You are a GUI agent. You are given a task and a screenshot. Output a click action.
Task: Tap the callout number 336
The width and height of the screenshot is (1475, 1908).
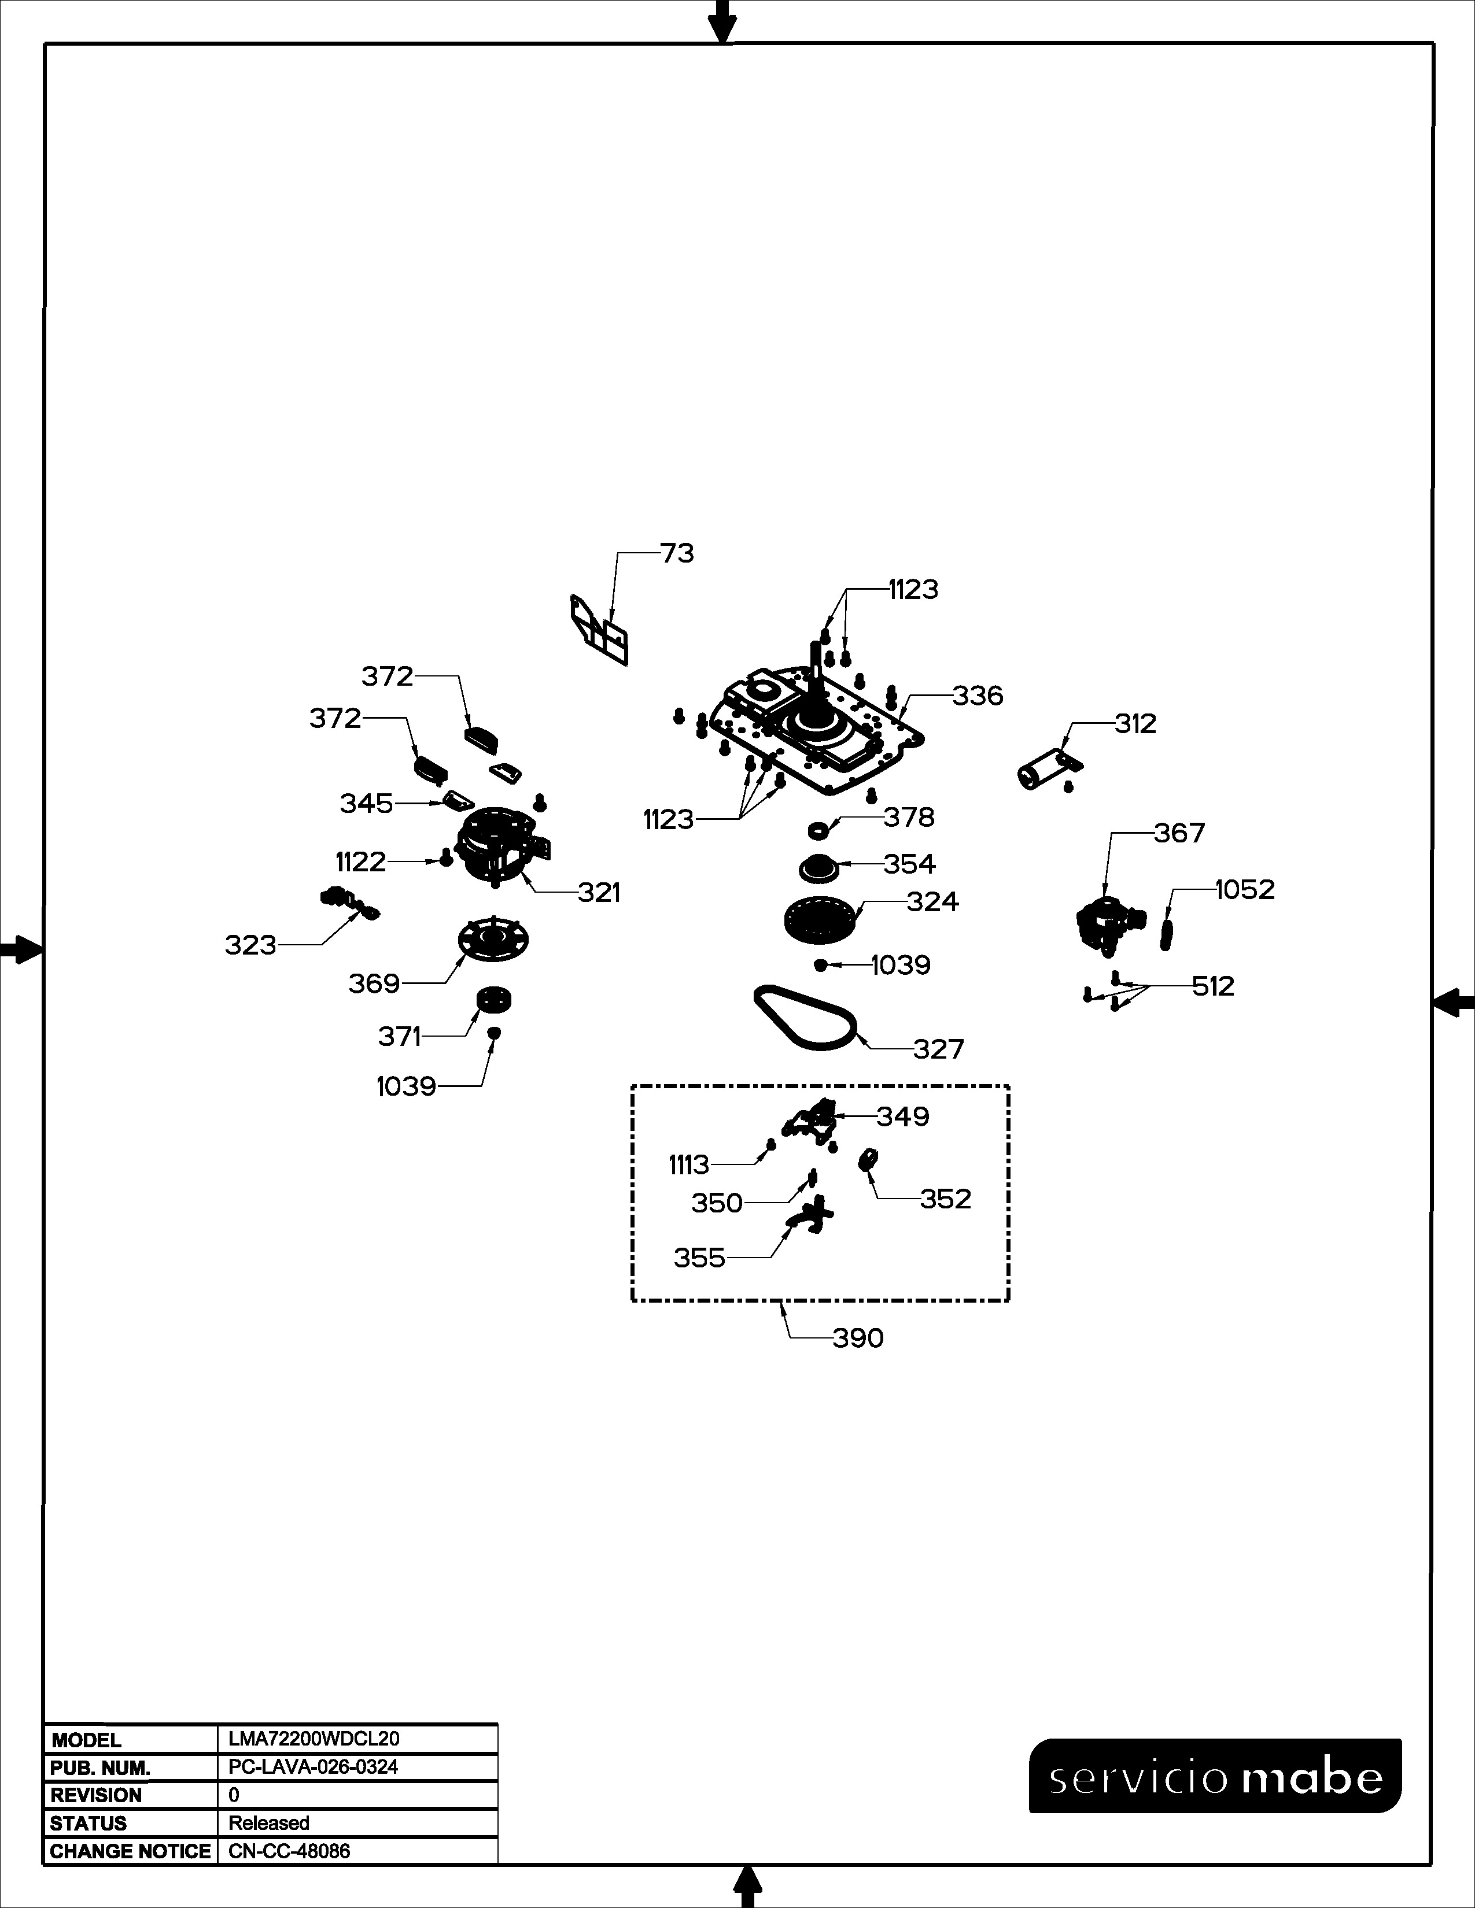tap(978, 696)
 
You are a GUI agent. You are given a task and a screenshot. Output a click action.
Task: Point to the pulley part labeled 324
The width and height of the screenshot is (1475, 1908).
tap(818, 922)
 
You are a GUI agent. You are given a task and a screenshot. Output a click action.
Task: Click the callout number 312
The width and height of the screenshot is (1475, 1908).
tap(1135, 723)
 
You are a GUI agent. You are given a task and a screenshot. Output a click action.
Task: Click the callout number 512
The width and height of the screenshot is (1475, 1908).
tap(1213, 986)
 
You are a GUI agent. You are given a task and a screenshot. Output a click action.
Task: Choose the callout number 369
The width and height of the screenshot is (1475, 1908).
tap(374, 983)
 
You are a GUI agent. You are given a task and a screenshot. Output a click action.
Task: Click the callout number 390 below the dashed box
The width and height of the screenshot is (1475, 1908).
tap(858, 1338)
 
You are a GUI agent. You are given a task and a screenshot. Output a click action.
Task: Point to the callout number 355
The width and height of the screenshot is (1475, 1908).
tap(699, 1258)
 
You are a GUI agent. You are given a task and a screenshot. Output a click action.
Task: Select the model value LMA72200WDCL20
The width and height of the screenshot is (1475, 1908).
tap(314, 1739)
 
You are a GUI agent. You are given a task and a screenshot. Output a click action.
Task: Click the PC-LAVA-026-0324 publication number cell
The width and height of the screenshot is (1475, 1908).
tap(313, 1766)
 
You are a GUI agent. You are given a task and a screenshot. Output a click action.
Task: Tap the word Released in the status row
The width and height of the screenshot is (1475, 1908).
tap(269, 1822)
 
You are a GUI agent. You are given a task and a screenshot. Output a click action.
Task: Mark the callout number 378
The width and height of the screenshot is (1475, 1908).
tap(909, 817)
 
